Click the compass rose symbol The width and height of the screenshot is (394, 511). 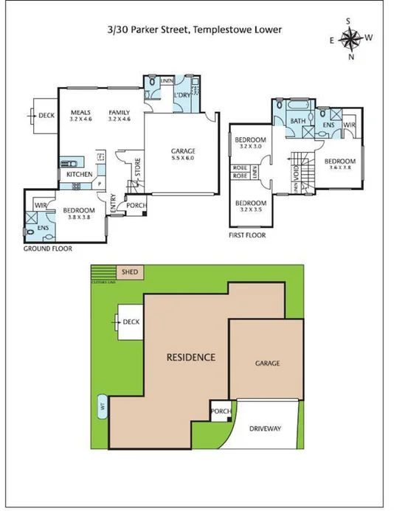[351, 38]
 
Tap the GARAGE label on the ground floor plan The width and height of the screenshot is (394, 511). [184, 151]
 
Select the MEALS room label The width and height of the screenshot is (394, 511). [80, 113]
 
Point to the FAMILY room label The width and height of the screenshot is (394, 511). [119, 113]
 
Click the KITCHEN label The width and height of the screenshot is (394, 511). [79, 174]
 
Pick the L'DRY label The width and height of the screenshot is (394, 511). [182, 96]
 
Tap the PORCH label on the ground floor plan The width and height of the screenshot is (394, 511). [135, 205]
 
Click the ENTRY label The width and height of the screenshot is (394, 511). [112, 204]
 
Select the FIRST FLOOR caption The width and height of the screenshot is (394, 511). [247, 236]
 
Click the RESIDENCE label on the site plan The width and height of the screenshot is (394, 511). [190, 358]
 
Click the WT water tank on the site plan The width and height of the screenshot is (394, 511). [102, 406]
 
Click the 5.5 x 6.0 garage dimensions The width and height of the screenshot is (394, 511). [184, 159]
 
